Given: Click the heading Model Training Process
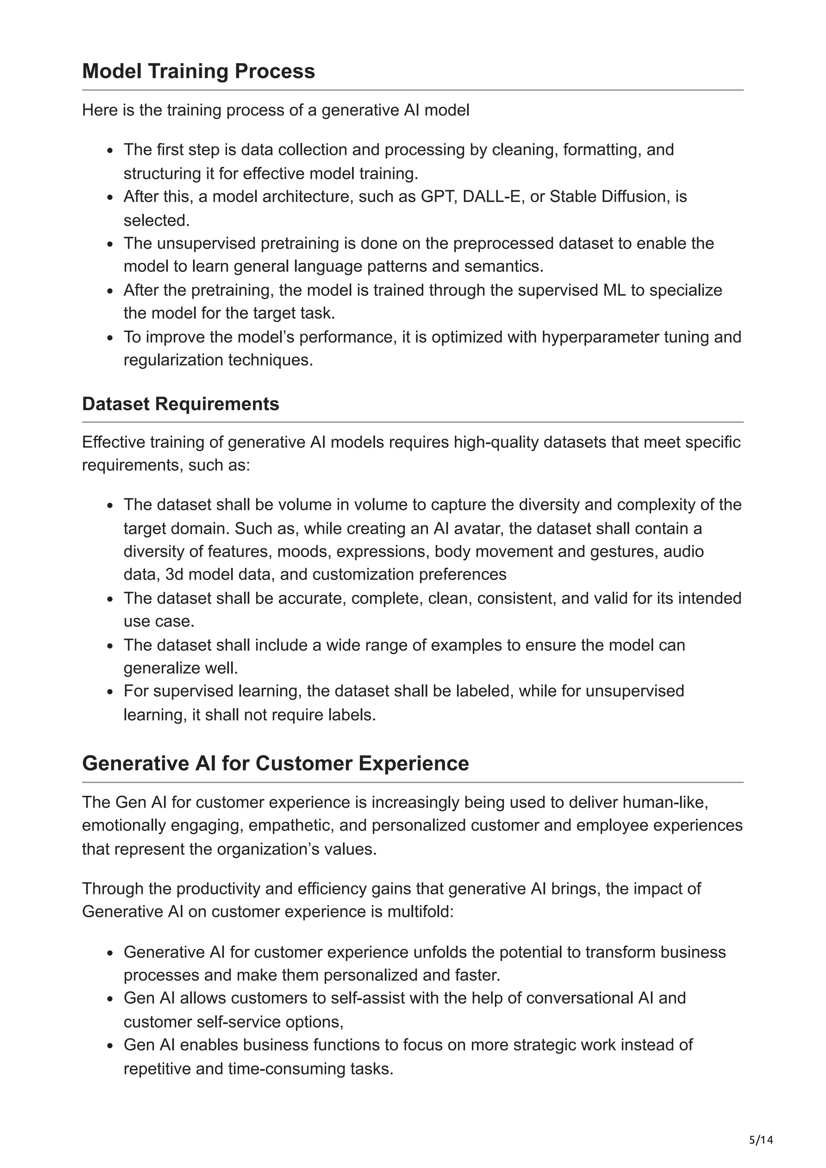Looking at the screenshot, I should [x=198, y=71].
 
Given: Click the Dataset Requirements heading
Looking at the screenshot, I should [x=181, y=404].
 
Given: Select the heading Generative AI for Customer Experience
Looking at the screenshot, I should [x=275, y=764].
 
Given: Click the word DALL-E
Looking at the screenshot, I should [x=492, y=196].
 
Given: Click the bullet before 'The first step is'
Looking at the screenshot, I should [x=110, y=151].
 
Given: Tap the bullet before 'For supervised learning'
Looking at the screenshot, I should [x=110, y=692].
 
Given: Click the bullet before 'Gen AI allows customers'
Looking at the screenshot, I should [x=110, y=999].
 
